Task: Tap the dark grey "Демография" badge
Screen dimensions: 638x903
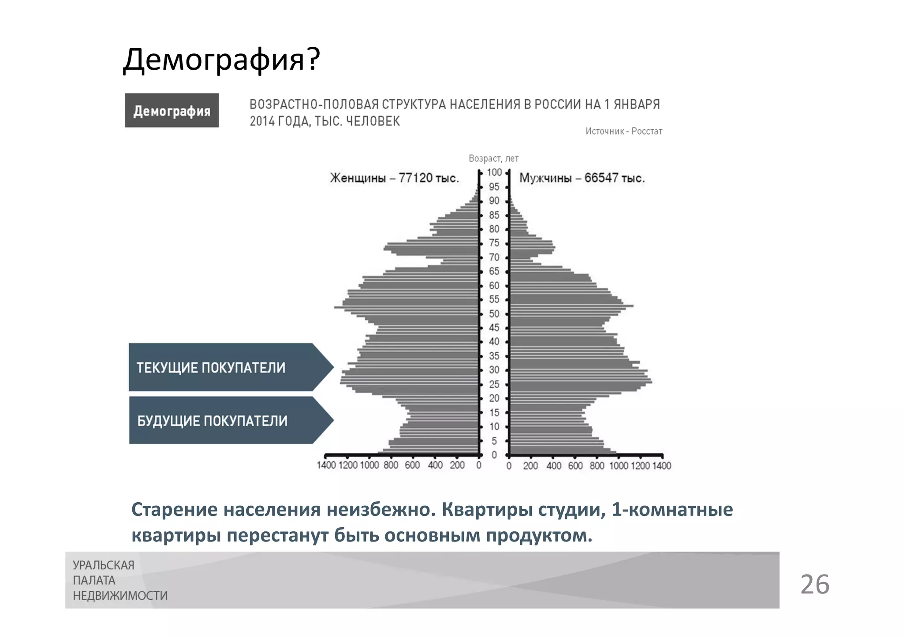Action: (172, 111)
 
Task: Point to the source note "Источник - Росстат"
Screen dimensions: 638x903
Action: (623, 131)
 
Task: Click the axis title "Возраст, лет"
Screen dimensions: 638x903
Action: (493, 158)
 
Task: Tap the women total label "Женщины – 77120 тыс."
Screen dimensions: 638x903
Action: (395, 178)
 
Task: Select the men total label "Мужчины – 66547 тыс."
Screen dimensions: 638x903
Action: (582, 178)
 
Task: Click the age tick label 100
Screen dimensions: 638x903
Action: (494, 172)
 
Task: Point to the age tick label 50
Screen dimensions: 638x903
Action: (494, 314)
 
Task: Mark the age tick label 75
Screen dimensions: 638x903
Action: (494, 243)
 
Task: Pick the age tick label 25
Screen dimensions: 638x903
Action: (494, 384)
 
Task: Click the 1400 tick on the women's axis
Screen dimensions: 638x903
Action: (326, 466)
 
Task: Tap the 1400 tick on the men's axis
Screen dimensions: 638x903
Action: (662, 466)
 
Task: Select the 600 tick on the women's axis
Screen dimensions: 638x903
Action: (412, 466)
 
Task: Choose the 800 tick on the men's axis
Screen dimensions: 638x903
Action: (597, 466)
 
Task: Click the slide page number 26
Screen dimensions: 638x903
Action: (814, 585)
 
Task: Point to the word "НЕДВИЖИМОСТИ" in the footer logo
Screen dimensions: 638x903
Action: (120, 596)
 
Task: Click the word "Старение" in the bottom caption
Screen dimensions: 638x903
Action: (175, 510)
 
